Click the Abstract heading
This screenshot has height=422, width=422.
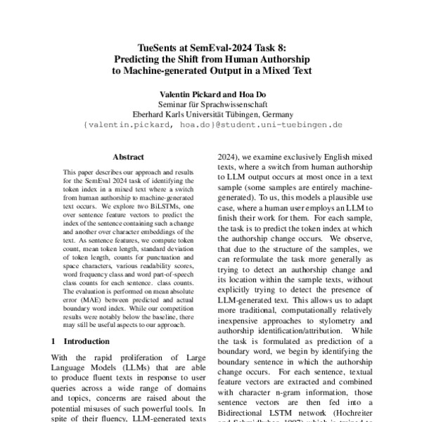pos(128,158)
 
